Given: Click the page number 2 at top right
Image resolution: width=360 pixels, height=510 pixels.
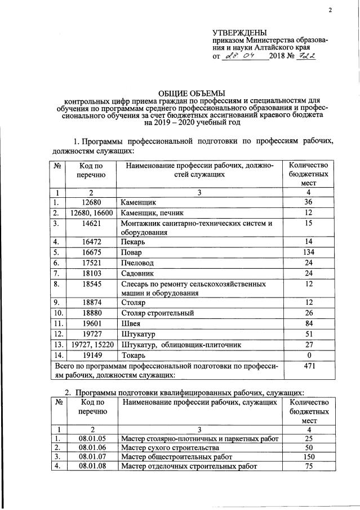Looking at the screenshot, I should pos(331,10).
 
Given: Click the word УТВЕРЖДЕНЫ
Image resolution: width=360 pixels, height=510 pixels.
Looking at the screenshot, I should pos(240,32).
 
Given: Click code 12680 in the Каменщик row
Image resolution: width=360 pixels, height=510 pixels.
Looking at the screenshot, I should pos(91,202).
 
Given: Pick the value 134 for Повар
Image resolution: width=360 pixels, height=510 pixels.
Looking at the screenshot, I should pos(308,252).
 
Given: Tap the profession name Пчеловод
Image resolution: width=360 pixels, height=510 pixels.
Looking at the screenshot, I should pos(139,263).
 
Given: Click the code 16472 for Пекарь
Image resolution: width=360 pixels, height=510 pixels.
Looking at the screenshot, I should pos(91,242).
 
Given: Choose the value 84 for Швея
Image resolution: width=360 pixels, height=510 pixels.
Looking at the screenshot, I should pos(308,323).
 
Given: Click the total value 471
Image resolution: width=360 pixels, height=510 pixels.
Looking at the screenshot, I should pos(308,366).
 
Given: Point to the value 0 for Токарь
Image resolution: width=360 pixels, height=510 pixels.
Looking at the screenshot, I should pos(308,355).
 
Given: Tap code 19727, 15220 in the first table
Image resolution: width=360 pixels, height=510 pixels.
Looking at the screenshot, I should pos(91,344).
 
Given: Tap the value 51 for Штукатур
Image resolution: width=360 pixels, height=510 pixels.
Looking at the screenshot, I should pos(308,334).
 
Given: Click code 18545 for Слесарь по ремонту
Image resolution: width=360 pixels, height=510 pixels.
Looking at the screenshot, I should pos(91,285).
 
